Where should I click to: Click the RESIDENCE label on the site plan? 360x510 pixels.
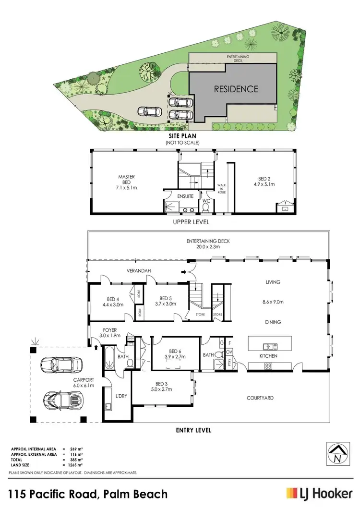(236, 89)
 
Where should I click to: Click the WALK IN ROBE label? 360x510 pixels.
(222, 188)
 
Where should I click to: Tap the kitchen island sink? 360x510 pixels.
(267, 346)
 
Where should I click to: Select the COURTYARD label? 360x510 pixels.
(260, 398)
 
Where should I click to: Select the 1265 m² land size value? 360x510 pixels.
(73, 463)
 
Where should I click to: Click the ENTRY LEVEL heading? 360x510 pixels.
(194, 430)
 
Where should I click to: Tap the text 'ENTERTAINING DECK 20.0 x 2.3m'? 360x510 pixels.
(208, 244)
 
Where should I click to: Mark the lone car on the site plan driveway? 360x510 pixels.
(149, 111)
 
